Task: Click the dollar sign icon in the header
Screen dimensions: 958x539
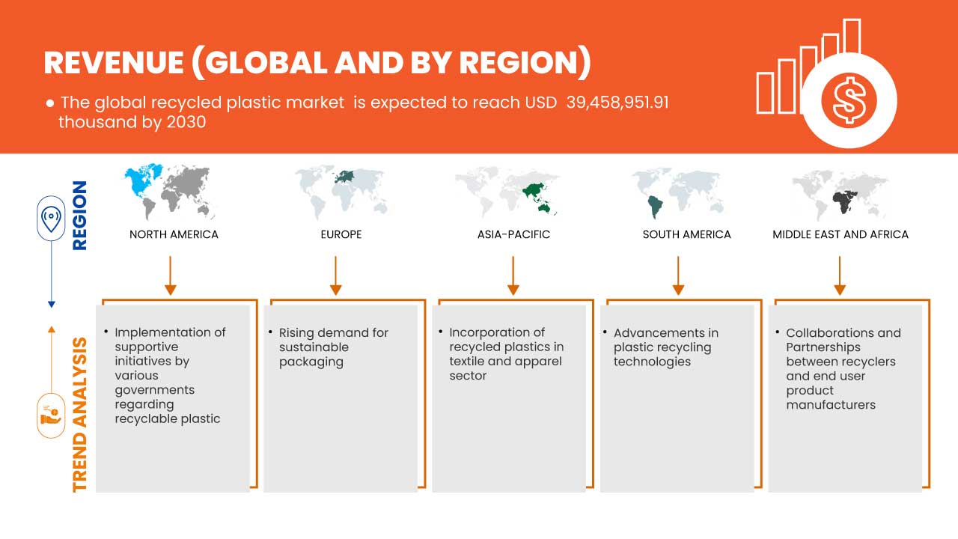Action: click(849, 101)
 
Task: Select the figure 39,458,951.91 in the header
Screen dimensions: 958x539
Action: click(617, 103)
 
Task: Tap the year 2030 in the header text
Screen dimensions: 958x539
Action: click(186, 122)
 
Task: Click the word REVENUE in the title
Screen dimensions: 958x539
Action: click(114, 63)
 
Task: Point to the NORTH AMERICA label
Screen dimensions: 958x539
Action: click(174, 234)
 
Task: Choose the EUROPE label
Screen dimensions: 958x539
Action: click(341, 234)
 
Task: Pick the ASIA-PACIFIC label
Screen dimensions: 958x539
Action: click(513, 234)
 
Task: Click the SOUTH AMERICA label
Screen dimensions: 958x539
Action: click(687, 234)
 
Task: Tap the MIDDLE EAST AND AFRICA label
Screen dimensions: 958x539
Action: click(840, 234)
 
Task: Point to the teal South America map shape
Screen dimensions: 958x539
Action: click(655, 206)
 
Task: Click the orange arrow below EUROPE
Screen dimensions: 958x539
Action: click(336, 275)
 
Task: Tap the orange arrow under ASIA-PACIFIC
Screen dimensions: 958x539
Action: click(513, 275)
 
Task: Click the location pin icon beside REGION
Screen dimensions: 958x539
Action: click(52, 218)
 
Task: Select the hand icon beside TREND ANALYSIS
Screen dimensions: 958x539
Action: click(51, 415)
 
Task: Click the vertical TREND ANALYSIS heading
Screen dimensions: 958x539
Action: click(80, 415)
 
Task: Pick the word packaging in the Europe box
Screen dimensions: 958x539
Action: click(311, 362)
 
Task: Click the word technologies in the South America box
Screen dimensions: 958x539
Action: click(652, 362)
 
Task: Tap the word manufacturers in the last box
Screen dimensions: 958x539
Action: click(831, 405)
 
